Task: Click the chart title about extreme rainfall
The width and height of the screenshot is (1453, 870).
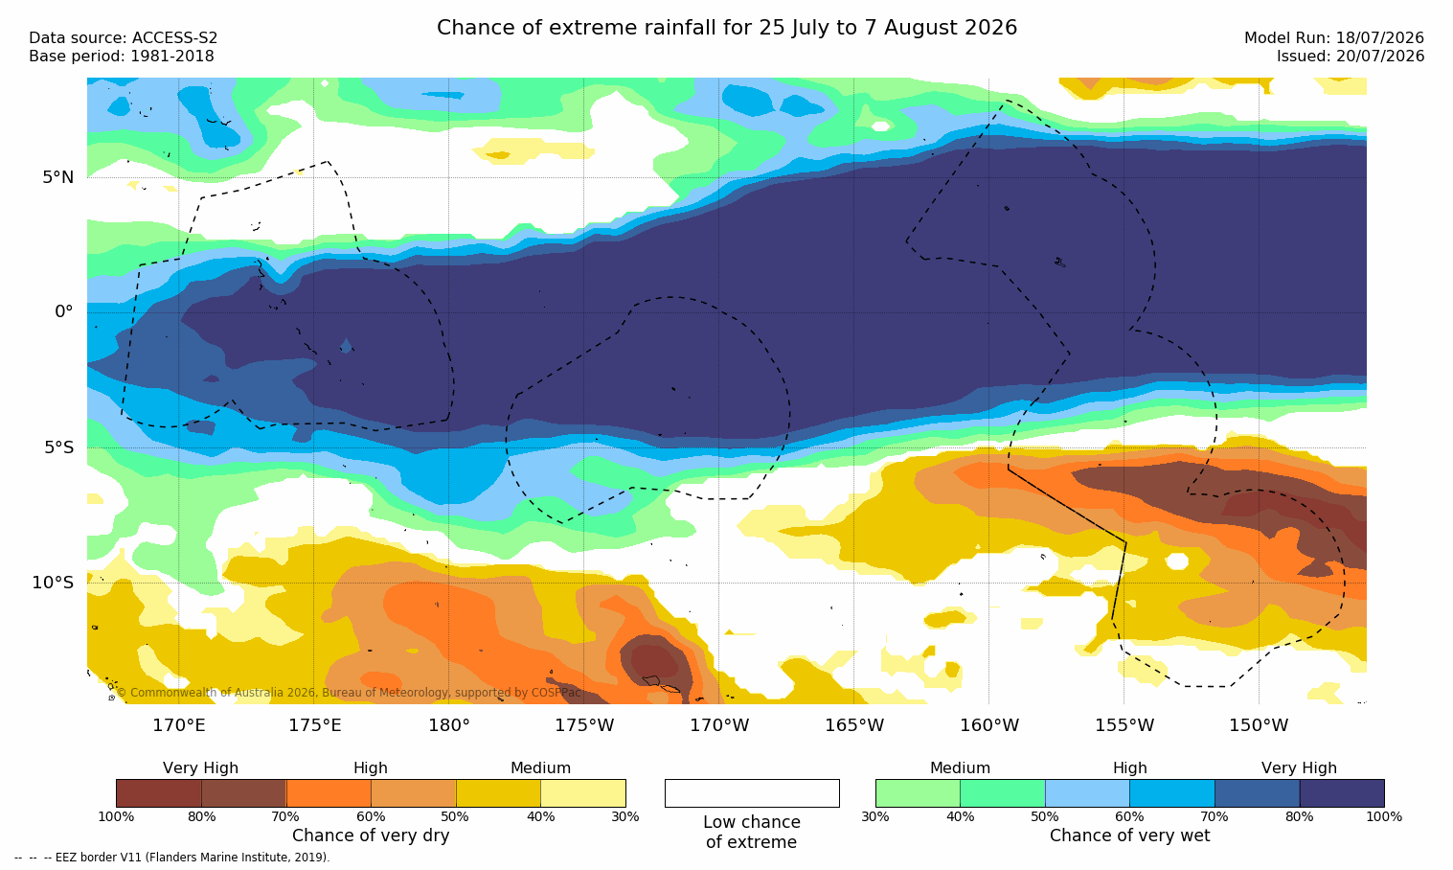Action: tap(726, 28)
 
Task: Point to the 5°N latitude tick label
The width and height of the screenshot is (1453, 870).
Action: tap(57, 177)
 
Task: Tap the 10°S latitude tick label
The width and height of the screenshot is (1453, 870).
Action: tap(53, 583)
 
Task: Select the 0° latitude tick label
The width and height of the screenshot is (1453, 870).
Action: tap(63, 312)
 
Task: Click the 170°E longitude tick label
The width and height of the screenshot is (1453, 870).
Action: tap(179, 725)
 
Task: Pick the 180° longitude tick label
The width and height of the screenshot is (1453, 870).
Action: tap(449, 725)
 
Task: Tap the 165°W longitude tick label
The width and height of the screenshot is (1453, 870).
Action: tap(854, 725)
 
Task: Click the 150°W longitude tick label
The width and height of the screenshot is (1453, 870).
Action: tap(1260, 725)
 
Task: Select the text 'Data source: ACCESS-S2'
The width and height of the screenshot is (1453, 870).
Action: tap(124, 38)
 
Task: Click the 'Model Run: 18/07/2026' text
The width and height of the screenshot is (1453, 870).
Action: tap(1333, 38)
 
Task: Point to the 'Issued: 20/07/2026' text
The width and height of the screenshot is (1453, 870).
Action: tap(1351, 57)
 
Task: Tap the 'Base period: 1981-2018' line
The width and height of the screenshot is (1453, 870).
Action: tap(122, 57)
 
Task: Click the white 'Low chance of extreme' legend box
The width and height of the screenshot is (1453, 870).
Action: tap(752, 792)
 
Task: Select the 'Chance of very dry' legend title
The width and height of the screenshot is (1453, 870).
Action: tap(371, 836)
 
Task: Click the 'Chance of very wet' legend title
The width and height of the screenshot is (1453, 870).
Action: tap(1130, 836)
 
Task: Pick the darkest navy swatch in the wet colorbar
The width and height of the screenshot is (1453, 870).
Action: tap(1342, 792)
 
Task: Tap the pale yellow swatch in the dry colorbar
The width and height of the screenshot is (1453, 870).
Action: tap(583, 792)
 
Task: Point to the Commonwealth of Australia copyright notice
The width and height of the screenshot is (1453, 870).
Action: tap(349, 693)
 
